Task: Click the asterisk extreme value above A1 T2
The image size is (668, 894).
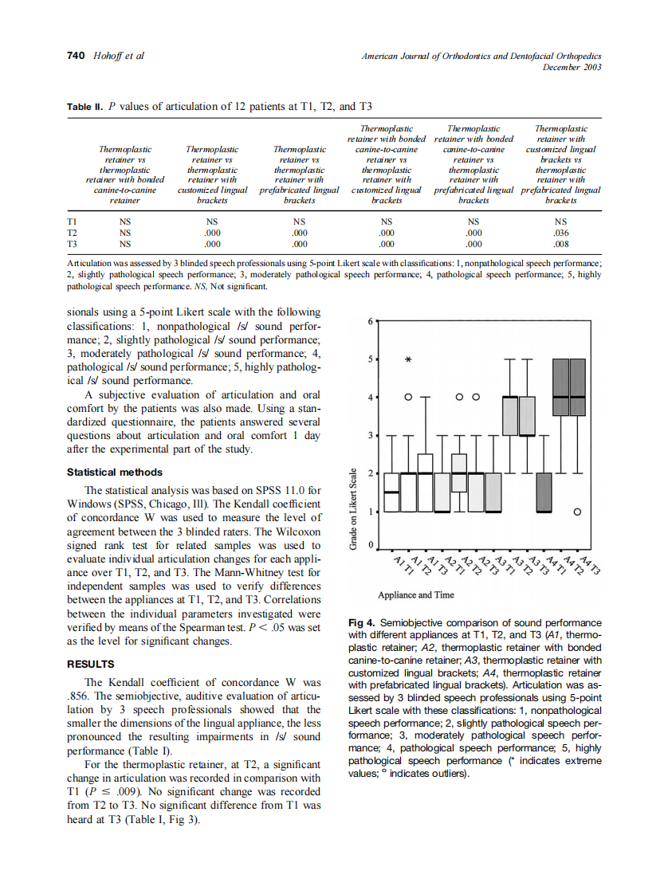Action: point(408,360)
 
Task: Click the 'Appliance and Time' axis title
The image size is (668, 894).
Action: point(416,594)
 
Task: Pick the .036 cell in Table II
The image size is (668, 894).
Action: point(560,233)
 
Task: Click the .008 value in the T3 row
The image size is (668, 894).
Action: point(560,244)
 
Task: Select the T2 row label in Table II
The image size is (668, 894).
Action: point(73,233)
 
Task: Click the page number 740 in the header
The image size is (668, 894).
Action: point(75,56)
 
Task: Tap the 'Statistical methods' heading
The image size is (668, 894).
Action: point(115,472)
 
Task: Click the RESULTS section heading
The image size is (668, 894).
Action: point(90,664)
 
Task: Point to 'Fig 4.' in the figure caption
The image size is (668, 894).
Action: point(363,622)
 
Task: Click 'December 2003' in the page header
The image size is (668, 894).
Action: point(572,67)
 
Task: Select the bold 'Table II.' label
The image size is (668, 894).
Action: point(85,106)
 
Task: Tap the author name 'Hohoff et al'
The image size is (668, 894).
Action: point(116,56)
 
